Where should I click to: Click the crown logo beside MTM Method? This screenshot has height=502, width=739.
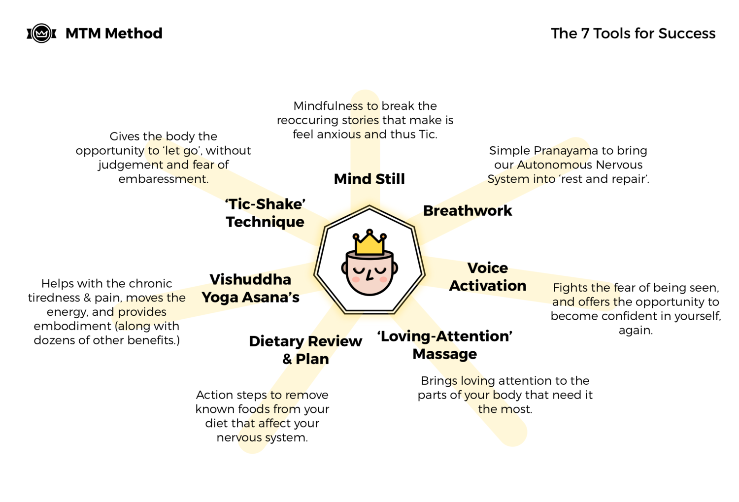pos(41,33)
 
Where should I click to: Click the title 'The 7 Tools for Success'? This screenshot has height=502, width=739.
pos(633,33)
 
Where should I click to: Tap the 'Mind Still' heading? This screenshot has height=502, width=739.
pos(369,179)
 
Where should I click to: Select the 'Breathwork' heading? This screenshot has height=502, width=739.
pos(468,211)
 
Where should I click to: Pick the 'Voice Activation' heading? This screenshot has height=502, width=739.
pos(487,277)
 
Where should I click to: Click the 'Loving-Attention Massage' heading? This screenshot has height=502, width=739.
pos(445,345)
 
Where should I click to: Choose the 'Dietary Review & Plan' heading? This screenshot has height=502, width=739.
pos(305,350)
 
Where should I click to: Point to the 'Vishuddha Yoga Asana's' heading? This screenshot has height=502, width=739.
pos(250,288)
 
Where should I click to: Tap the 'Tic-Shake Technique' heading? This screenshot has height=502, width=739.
pos(265,213)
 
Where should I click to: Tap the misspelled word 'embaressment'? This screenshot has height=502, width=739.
pos(164,179)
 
